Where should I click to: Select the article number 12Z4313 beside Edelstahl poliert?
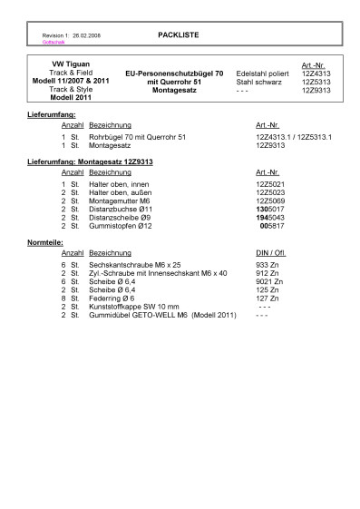[316, 73]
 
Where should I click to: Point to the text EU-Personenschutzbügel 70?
[174, 73]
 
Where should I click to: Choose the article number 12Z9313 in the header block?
[316, 90]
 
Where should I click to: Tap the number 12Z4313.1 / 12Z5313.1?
[294, 136]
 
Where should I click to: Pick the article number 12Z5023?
[270, 192]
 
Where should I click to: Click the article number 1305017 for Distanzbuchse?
[270, 209]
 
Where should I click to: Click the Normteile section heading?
[46, 243]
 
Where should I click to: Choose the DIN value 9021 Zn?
[271, 282]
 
